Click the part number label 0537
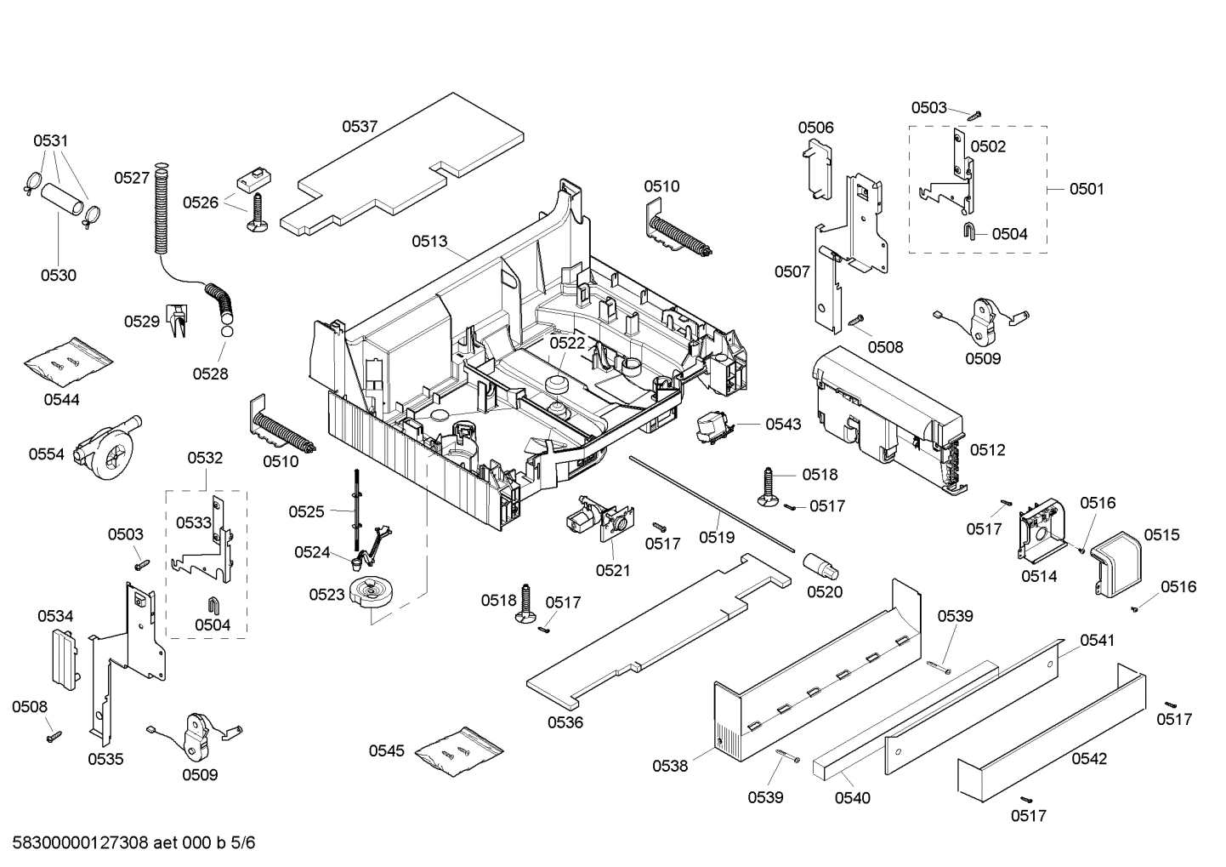(360, 127)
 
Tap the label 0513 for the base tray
(429, 242)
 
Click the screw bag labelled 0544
(67, 361)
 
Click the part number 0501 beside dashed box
(1086, 189)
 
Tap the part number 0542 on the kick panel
(1088, 758)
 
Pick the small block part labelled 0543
(712, 426)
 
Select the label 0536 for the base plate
(565, 722)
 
